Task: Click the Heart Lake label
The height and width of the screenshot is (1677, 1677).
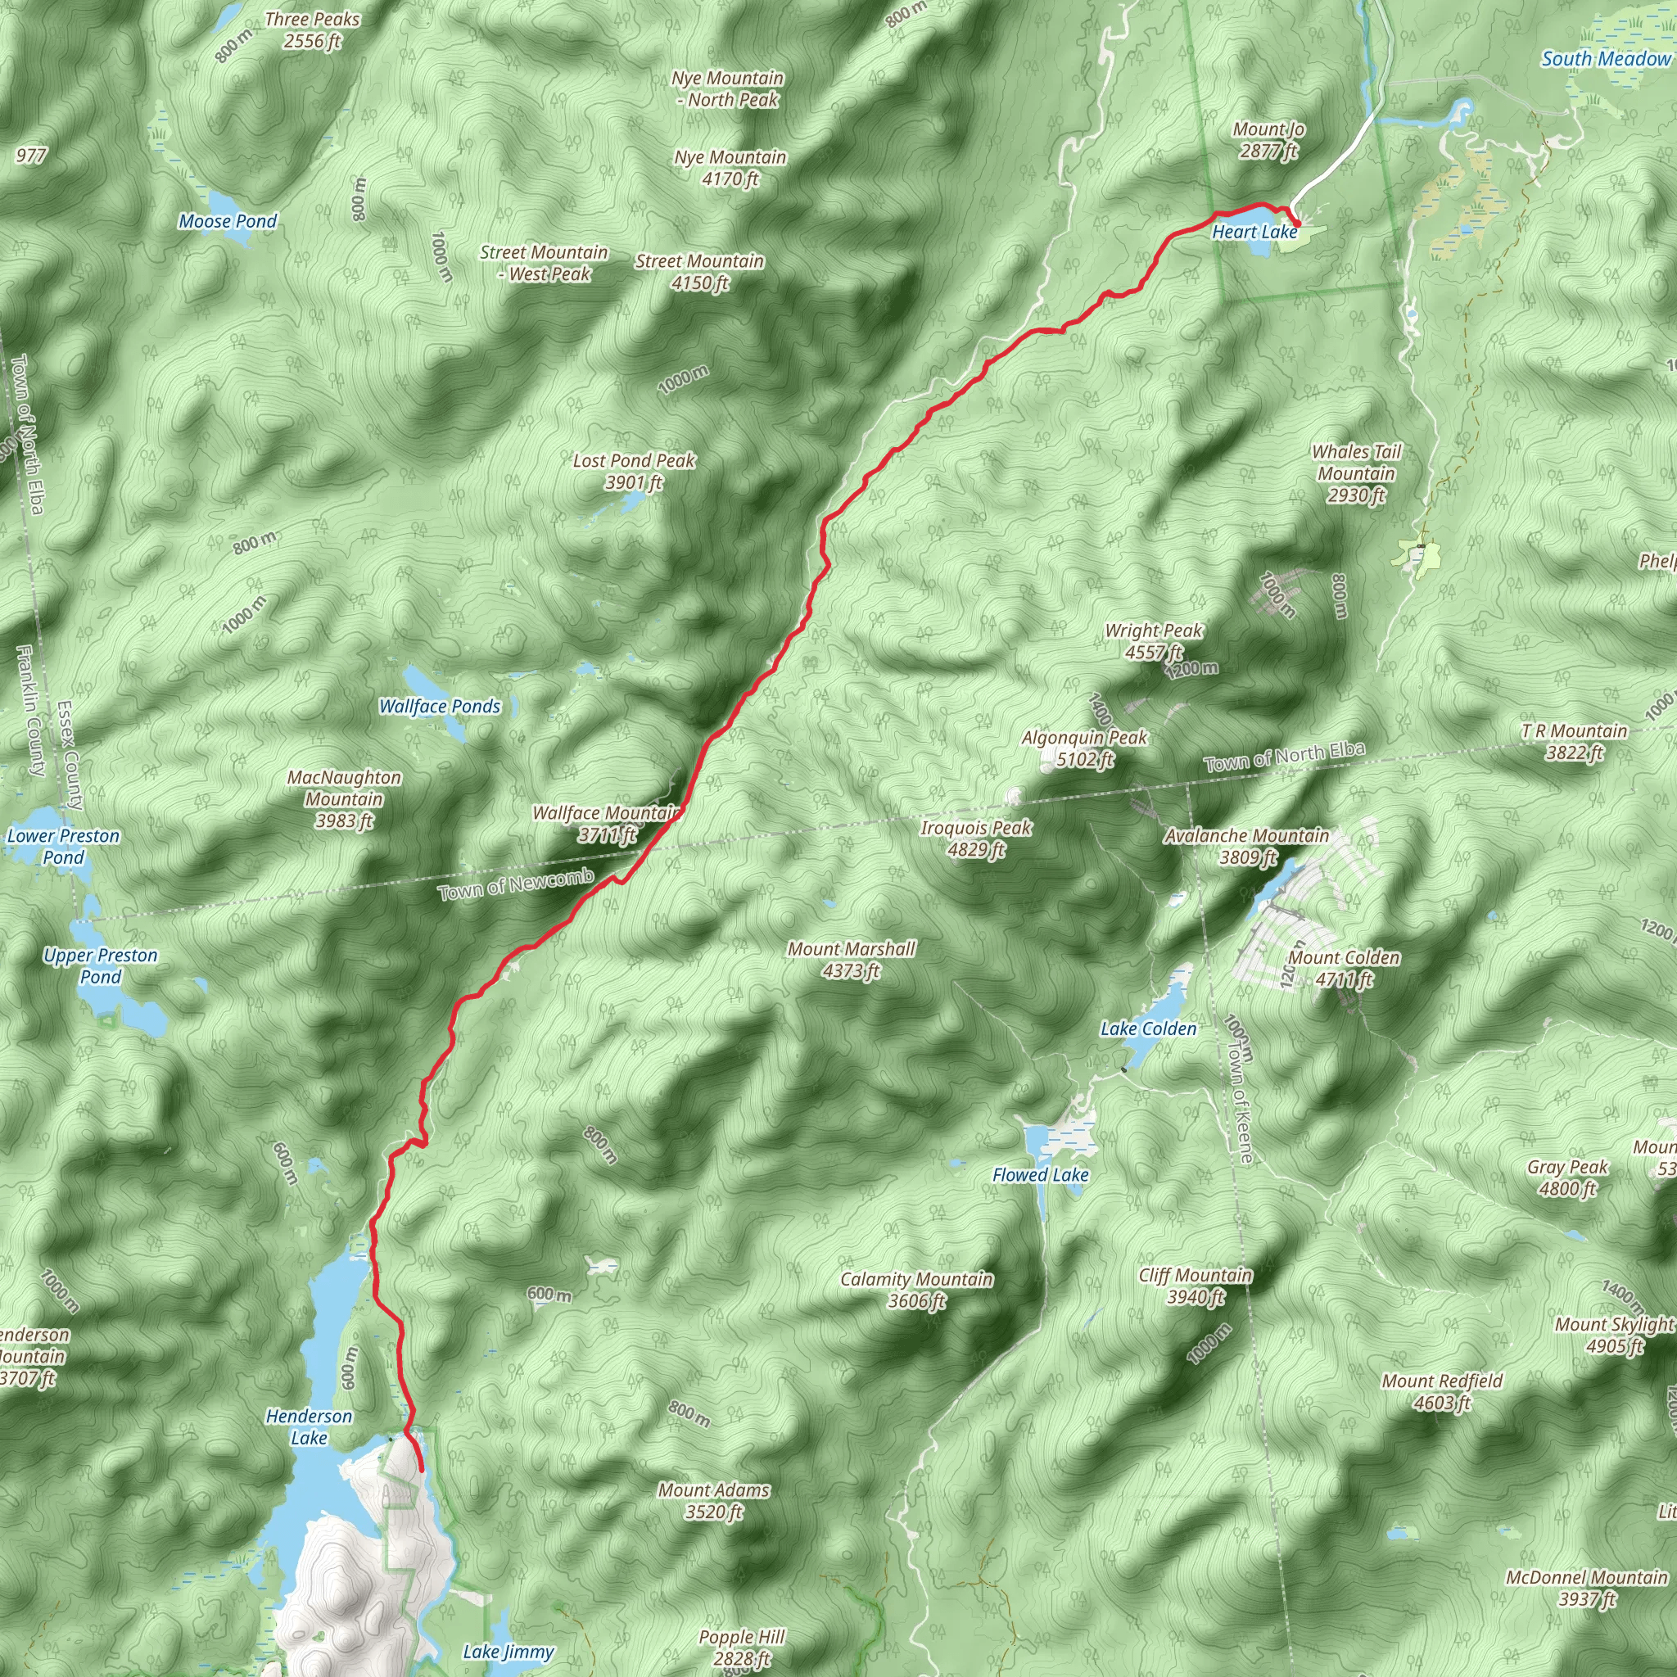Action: (x=1254, y=232)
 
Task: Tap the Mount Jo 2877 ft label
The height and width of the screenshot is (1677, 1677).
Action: (x=1268, y=140)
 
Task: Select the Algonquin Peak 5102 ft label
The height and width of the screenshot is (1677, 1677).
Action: (x=1084, y=748)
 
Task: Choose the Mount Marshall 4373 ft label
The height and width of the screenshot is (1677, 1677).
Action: (x=851, y=959)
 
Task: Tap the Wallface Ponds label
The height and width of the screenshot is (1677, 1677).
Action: (x=439, y=707)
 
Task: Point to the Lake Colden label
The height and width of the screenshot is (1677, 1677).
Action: (x=1147, y=1028)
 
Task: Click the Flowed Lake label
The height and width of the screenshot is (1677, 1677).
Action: (x=1040, y=1174)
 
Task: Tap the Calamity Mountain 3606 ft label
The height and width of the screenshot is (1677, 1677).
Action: (x=915, y=1289)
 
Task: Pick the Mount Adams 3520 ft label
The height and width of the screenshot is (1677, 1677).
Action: (x=713, y=1501)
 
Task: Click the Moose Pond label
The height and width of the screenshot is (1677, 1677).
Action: (x=228, y=221)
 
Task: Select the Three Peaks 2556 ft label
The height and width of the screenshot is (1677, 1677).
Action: (x=312, y=30)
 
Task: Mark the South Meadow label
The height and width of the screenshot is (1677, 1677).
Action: (x=1605, y=59)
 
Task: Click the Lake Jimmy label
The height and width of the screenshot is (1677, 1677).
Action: (x=508, y=1651)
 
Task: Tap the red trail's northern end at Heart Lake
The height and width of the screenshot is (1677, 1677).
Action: (x=1297, y=226)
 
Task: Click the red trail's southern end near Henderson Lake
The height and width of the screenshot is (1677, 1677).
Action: (x=421, y=1470)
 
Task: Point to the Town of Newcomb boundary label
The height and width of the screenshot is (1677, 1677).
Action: (x=516, y=884)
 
